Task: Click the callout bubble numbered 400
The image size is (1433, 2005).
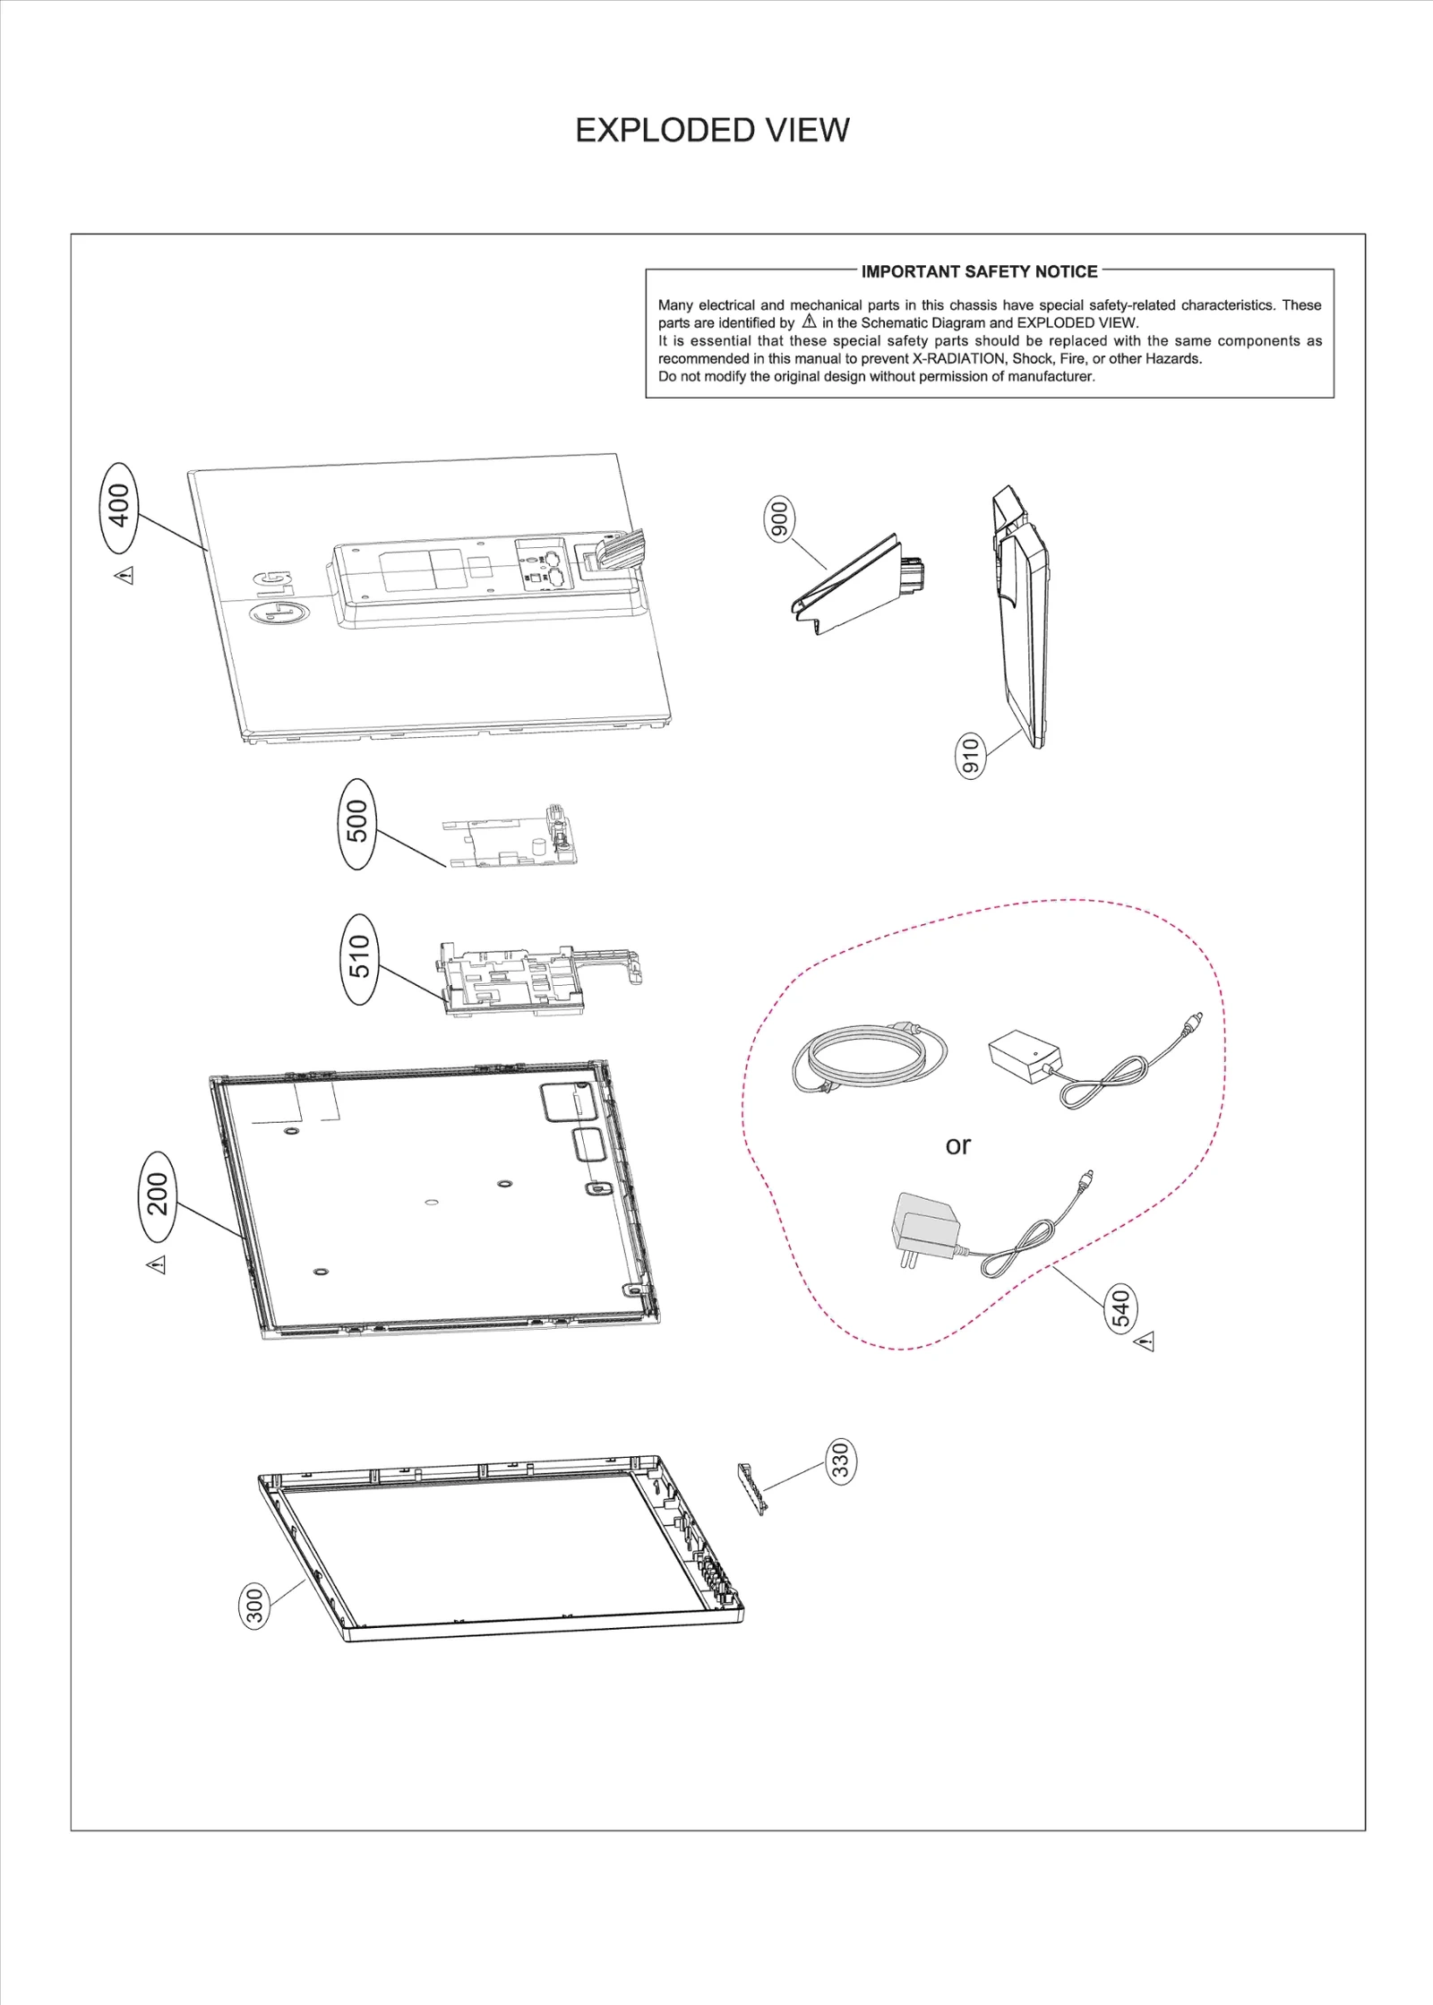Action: (x=119, y=507)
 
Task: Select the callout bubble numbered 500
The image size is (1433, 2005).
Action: (x=357, y=823)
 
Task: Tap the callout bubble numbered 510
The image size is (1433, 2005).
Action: (x=358, y=958)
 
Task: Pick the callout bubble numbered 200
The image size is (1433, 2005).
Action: (x=158, y=1195)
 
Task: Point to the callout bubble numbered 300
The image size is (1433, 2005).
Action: (x=255, y=1607)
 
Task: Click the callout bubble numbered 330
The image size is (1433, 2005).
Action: (x=840, y=1461)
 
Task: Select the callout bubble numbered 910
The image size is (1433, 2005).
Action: (x=970, y=755)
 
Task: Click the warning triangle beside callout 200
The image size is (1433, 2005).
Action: (x=157, y=1264)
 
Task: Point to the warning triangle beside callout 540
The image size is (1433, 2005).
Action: (x=1145, y=1341)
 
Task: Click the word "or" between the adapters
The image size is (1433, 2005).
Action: (x=957, y=1145)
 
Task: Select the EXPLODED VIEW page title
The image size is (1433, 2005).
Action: (x=712, y=131)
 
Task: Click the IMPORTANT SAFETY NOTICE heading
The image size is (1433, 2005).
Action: (x=979, y=271)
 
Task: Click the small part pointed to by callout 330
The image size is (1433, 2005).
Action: (x=751, y=1488)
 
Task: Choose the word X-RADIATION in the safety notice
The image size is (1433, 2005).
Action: (x=959, y=359)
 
